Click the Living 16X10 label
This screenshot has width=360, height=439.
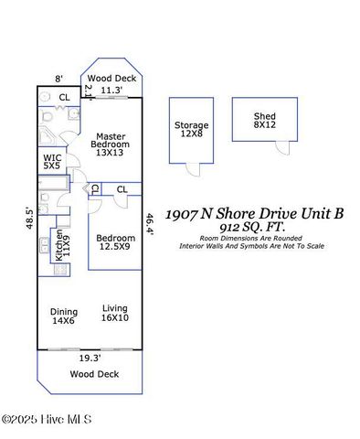click(x=115, y=313)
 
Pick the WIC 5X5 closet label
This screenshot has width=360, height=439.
click(x=52, y=162)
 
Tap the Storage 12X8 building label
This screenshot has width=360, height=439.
click(x=191, y=129)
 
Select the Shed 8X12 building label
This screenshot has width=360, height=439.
click(x=266, y=120)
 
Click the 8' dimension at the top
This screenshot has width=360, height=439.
click(x=58, y=80)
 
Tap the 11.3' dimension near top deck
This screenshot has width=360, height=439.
click(x=111, y=91)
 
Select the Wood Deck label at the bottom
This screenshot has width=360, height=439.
click(x=90, y=374)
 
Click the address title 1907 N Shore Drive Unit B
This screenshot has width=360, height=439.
click(x=254, y=214)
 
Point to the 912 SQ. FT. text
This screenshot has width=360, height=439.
click(x=254, y=226)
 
